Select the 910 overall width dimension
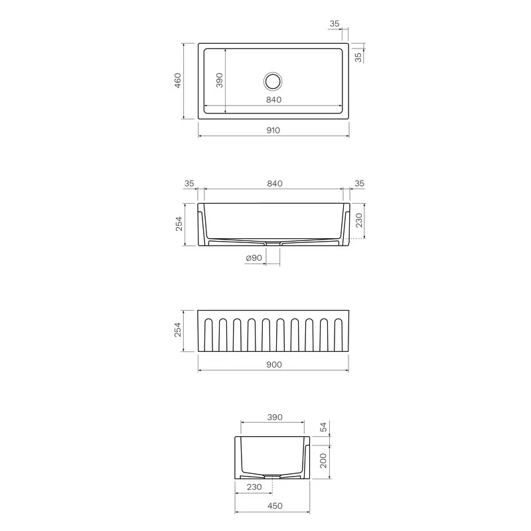[x=273, y=130]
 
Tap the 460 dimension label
[x=178, y=80]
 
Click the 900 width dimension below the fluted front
[x=274, y=364]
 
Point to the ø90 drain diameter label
[x=254, y=258]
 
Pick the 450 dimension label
[x=275, y=506]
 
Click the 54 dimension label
[x=324, y=427]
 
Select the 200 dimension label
[x=323, y=461]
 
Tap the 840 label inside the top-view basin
[x=273, y=100]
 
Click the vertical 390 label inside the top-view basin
[x=220, y=80]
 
